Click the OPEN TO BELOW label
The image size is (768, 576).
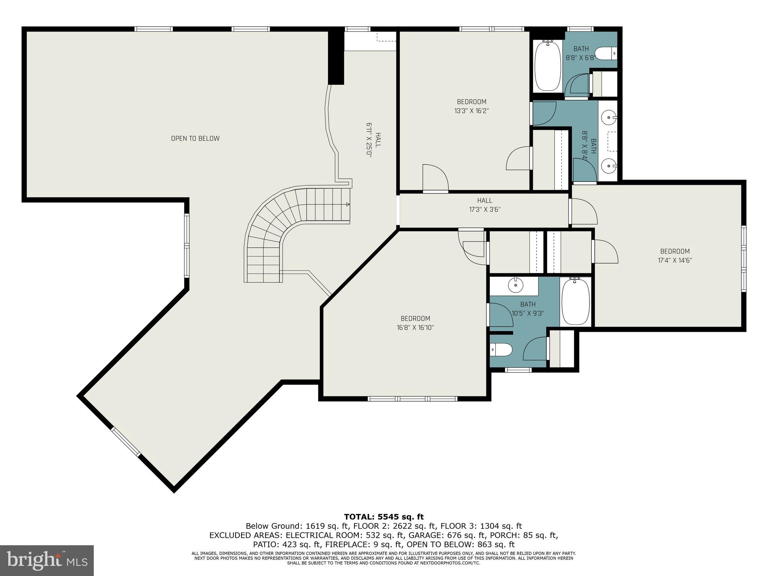point(195,138)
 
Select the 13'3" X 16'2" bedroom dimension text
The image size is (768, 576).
point(471,111)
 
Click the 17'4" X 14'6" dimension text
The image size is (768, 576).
point(675,261)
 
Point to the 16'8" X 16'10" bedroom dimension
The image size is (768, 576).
point(415,328)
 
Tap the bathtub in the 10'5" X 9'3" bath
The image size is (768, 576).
point(575,302)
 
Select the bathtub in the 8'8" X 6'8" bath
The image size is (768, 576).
point(547,66)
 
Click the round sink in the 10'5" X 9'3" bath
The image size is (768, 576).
point(516,285)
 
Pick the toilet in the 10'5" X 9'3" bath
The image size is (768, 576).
point(501,350)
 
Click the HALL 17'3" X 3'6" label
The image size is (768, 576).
point(484,205)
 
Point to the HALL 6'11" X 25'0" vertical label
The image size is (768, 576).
point(373,140)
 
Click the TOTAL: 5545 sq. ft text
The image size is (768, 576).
point(384,517)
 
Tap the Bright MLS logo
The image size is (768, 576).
point(46,561)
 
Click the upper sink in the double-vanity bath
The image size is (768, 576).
point(607,118)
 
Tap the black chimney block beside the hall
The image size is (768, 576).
point(336,57)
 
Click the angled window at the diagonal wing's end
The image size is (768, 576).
point(126,442)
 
